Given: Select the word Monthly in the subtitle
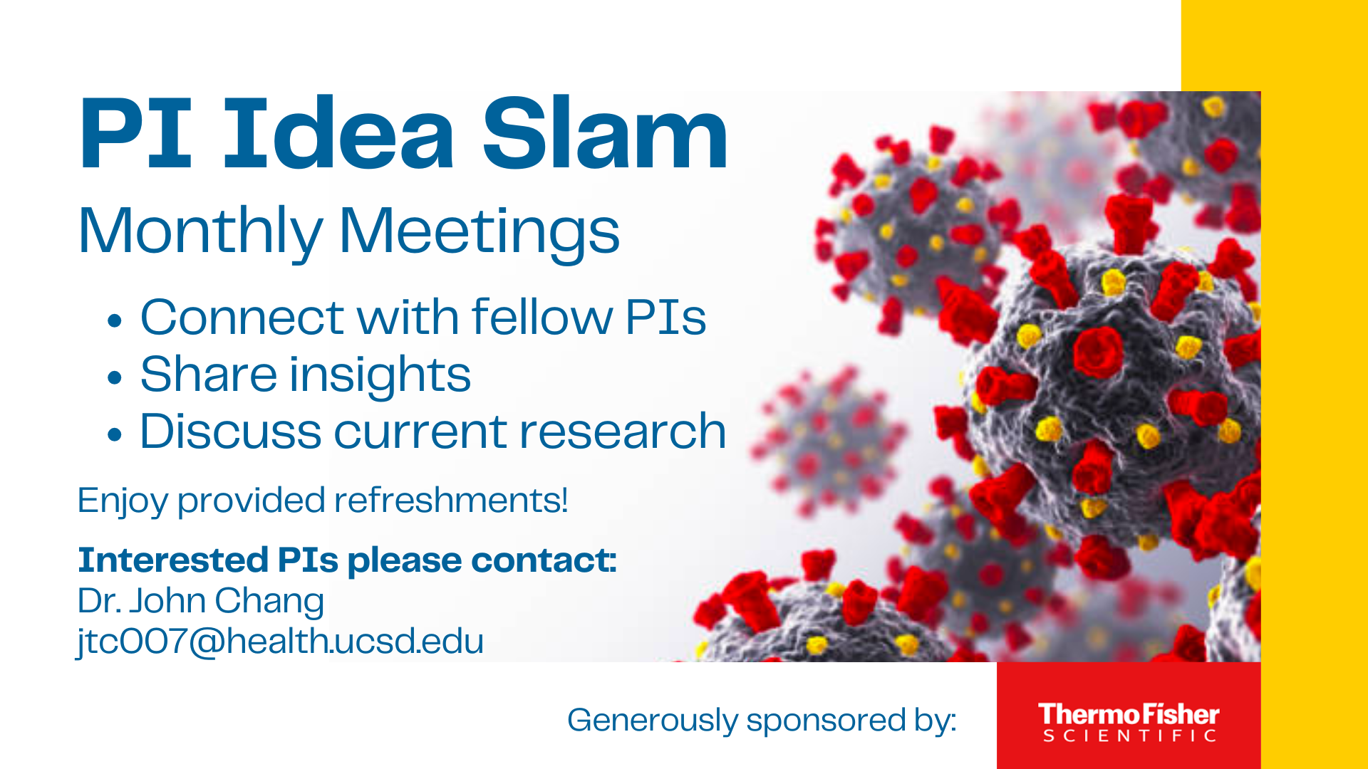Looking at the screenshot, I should (200, 231).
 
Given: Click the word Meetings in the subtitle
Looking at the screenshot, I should (479, 231).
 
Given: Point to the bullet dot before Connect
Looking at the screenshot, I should (114, 320).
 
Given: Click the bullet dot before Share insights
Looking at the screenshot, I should (114, 377).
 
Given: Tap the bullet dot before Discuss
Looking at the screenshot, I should (114, 434).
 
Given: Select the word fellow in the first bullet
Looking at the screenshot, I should (540, 317).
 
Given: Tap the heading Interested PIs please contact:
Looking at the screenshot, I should (347, 560).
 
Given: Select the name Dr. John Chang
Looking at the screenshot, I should (200, 601).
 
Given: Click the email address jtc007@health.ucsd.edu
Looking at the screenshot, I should (280, 641).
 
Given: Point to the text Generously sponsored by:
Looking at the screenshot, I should (761, 720).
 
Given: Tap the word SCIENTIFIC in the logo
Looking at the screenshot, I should (1129, 736).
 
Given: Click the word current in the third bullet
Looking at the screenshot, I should (422, 431).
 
